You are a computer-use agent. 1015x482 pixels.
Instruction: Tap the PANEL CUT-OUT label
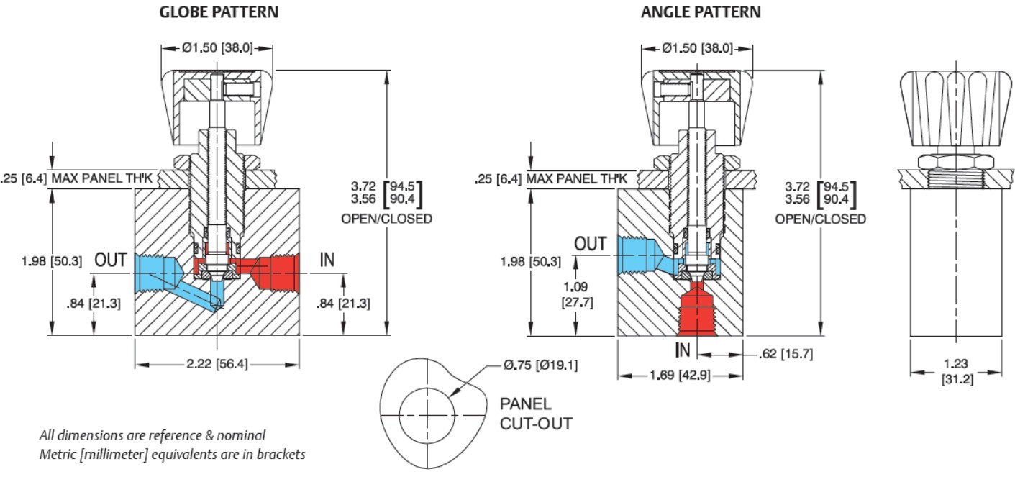536,413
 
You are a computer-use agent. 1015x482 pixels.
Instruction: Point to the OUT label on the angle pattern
591,244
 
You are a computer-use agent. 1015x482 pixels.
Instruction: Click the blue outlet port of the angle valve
637,255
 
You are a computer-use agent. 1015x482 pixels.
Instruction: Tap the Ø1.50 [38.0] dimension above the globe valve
217,48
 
